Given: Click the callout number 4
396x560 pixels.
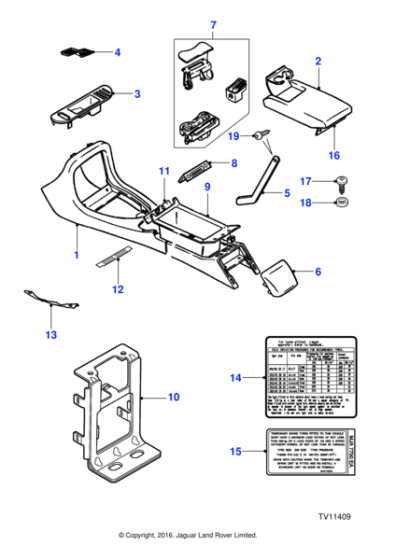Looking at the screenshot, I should pos(117,51).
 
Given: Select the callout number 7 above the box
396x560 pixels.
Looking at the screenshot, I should pos(211,23).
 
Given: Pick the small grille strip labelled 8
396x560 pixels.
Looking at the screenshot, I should pos(196,170).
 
